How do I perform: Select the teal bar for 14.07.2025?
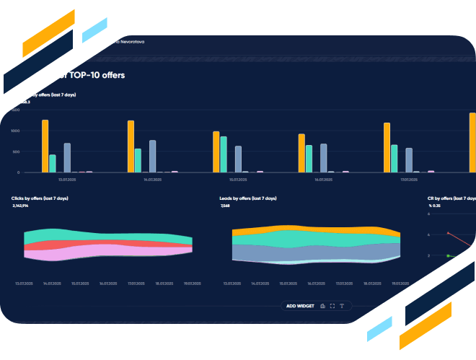coord(138,160)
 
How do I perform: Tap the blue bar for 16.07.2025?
coord(323,158)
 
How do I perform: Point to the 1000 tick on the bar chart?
coord(16,131)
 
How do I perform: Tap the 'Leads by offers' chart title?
coord(247,198)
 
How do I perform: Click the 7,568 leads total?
coord(226,206)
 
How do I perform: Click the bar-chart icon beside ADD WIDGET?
coord(322,306)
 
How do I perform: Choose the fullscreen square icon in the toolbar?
coord(332,306)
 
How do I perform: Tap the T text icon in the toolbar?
coord(342,306)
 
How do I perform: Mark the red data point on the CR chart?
coord(449,233)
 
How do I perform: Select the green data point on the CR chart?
coord(449,255)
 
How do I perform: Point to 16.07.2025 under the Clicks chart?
coord(108,284)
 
